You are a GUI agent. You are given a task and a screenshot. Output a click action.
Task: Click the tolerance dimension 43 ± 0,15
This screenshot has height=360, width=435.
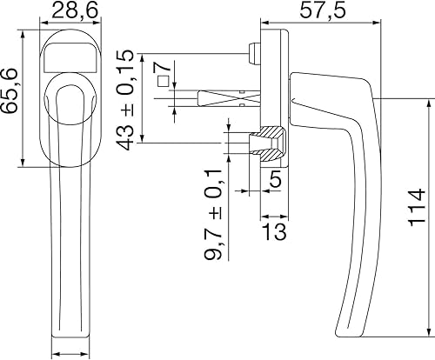click(x=127, y=98)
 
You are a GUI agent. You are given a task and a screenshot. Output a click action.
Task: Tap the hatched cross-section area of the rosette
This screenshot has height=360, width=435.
click(x=271, y=144)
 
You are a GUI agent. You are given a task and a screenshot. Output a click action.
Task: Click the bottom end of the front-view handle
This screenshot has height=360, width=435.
click(x=72, y=334)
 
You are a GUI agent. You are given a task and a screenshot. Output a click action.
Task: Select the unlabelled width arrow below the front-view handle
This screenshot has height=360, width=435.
click(x=72, y=353)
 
